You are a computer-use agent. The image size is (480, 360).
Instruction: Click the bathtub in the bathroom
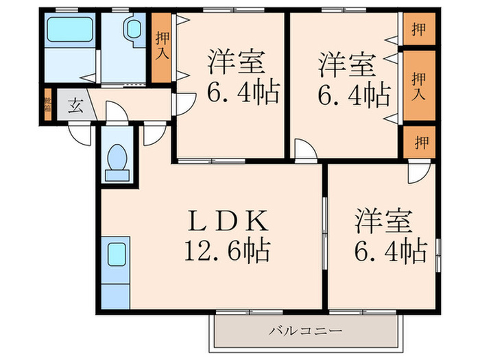[x=69, y=32]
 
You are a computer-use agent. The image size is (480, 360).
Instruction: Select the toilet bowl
[x=118, y=159]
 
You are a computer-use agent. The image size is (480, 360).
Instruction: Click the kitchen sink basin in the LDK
[x=115, y=255]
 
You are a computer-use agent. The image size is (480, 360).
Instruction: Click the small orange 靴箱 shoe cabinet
[x=48, y=105]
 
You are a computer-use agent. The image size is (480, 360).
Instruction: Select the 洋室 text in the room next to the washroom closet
[x=237, y=63]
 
